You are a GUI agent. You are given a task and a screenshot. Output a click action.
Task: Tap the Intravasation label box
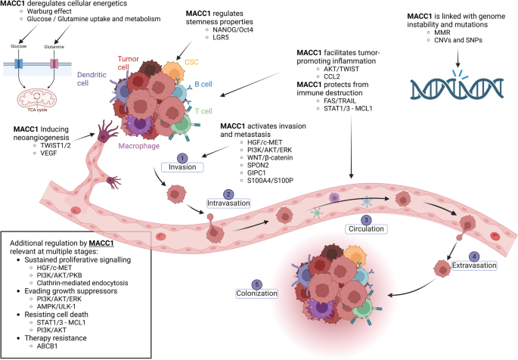[x=229, y=203]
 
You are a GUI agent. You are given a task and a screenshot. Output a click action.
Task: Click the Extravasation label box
[x=473, y=265]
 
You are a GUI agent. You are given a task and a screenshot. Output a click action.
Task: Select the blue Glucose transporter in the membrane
[x=21, y=60]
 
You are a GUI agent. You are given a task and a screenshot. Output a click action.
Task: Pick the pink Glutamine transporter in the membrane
[x=54, y=60]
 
